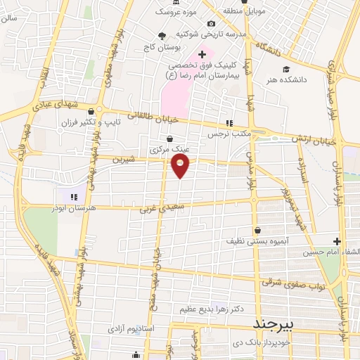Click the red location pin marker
(181, 165)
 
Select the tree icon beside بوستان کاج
(163, 34)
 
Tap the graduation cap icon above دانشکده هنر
(286, 69)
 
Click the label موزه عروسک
(173, 12)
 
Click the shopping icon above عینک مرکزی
(169, 139)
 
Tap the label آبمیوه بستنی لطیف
(255, 241)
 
